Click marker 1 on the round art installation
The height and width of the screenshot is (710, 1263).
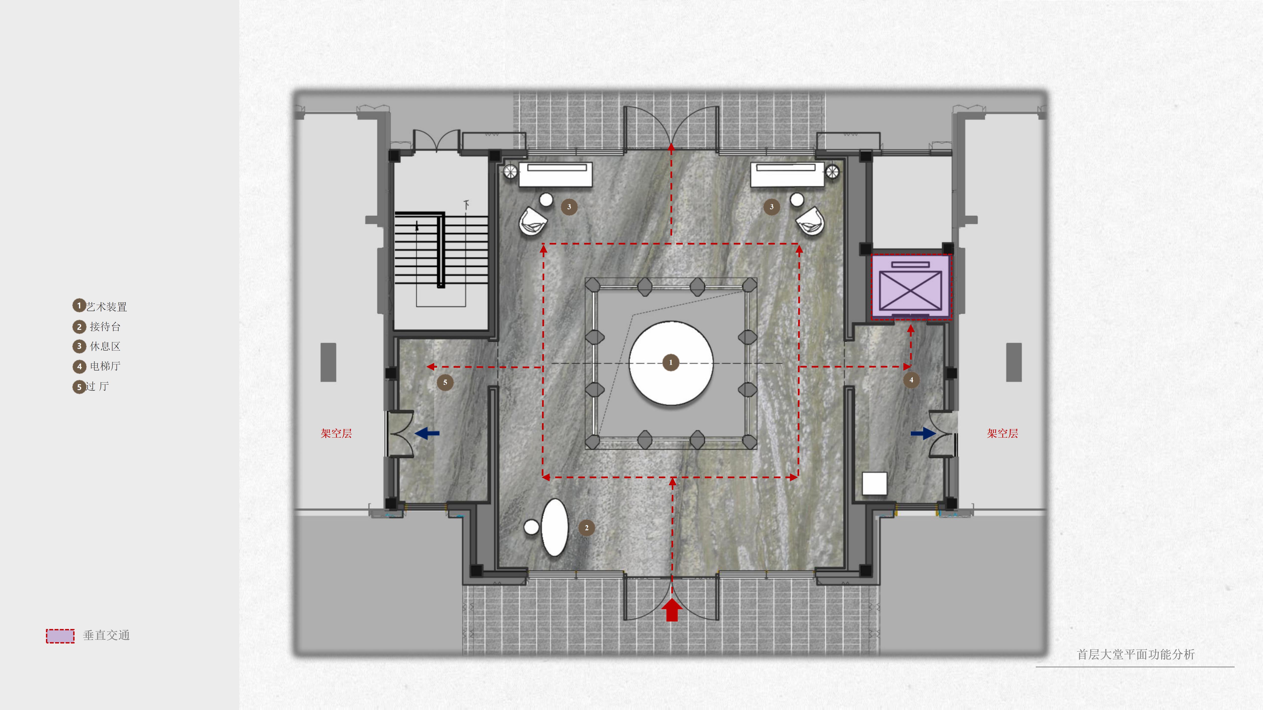click(671, 363)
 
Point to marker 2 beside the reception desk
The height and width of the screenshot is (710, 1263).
click(586, 528)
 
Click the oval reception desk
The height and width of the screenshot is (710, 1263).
click(555, 528)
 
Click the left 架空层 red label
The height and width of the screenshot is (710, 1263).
click(336, 433)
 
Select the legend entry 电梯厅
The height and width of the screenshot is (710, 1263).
click(105, 366)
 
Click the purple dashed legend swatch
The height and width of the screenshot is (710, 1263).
click(60, 636)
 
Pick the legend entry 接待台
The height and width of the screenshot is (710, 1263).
click(105, 326)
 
